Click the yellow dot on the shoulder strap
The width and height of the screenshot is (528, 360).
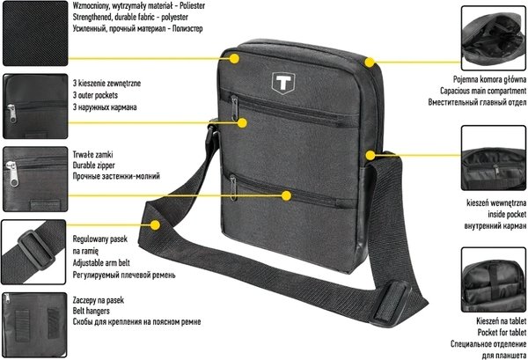[x=157, y=224]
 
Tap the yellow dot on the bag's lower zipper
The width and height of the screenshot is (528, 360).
[x=285, y=192]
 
